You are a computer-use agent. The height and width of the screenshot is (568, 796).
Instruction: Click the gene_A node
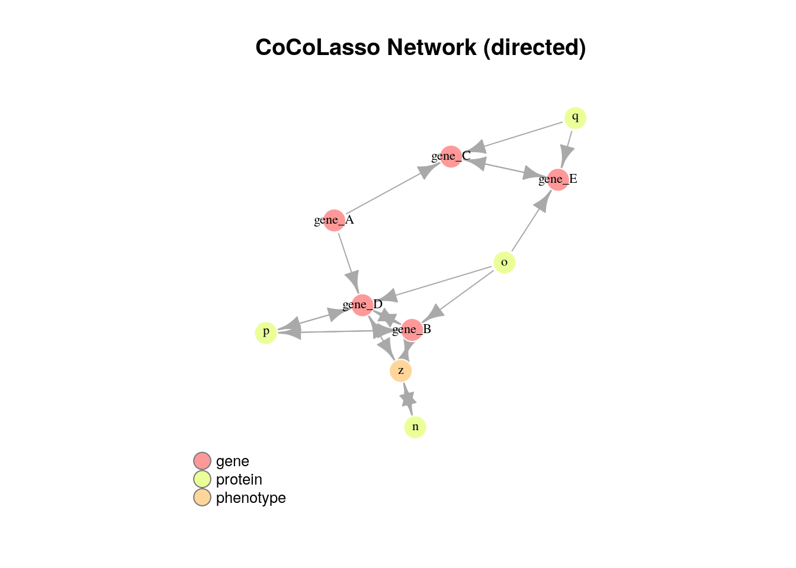(334, 221)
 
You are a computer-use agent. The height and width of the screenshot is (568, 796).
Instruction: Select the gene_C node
(451, 157)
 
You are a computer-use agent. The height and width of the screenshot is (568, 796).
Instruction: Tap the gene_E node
(558, 180)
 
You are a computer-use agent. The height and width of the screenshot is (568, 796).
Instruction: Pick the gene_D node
(362, 305)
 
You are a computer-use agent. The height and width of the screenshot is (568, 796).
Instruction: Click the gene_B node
(412, 330)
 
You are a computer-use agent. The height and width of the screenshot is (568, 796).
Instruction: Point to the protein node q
(575, 118)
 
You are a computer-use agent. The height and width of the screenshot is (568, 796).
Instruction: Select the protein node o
(504, 263)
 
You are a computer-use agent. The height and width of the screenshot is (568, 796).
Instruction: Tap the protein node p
(266, 333)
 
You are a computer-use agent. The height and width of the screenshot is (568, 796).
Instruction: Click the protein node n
(415, 427)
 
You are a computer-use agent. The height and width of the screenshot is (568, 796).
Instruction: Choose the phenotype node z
(401, 371)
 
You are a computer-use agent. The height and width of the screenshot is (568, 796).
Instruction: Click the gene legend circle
(202, 461)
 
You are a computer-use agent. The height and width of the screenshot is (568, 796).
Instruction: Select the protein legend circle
(202, 479)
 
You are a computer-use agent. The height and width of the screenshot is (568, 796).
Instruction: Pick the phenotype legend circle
(202, 498)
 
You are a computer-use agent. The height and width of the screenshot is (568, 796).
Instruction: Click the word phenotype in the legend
(251, 498)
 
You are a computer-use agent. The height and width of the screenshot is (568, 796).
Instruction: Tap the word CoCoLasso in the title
(317, 47)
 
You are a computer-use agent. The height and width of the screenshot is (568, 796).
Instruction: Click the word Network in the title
(432, 47)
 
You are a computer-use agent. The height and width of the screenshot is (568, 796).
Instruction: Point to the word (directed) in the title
(534, 48)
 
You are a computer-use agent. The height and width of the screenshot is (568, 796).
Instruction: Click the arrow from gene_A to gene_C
(393, 188)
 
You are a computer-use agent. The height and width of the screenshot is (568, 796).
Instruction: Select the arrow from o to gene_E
(532, 221)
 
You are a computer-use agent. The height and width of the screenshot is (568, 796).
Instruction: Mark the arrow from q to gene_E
(566, 150)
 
